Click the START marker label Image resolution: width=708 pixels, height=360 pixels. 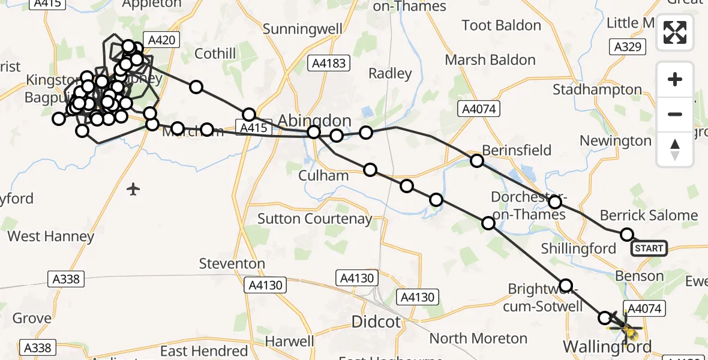[649, 248]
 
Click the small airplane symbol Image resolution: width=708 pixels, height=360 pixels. [133, 190]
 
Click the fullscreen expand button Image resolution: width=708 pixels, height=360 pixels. [675, 32]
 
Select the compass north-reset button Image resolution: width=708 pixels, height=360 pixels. [675, 149]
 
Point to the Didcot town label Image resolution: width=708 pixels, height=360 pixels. [376, 322]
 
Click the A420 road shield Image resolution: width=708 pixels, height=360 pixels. [162, 40]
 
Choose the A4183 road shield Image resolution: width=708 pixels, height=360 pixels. [328, 63]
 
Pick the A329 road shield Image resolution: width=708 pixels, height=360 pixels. [628, 47]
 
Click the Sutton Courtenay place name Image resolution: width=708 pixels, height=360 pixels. [315, 218]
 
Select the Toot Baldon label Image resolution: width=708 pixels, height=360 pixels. [501, 25]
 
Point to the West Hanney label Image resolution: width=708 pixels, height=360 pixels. [51, 236]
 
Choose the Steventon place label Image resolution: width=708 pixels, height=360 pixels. [232, 263]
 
